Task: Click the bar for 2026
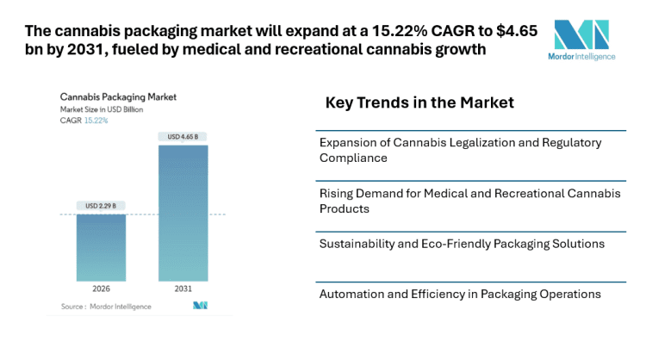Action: [x=101, y=247]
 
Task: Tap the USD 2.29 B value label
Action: [x=101, y=206]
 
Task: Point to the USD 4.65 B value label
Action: [x=183, y=137]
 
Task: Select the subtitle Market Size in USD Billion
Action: [x=102, y=109]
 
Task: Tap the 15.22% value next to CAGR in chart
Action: [x=96, y=121]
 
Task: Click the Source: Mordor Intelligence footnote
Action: [x=106, y=306]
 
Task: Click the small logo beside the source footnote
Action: [x=200, y=306]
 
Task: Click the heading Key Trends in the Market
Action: [x=419, y=102]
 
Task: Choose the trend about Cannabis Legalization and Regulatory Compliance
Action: [x=460, y=150]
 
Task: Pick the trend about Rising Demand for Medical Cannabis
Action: [x=470, y=200]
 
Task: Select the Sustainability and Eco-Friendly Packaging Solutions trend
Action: [x=462, y=244]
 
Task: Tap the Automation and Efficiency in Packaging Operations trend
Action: [x=460, y=294]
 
